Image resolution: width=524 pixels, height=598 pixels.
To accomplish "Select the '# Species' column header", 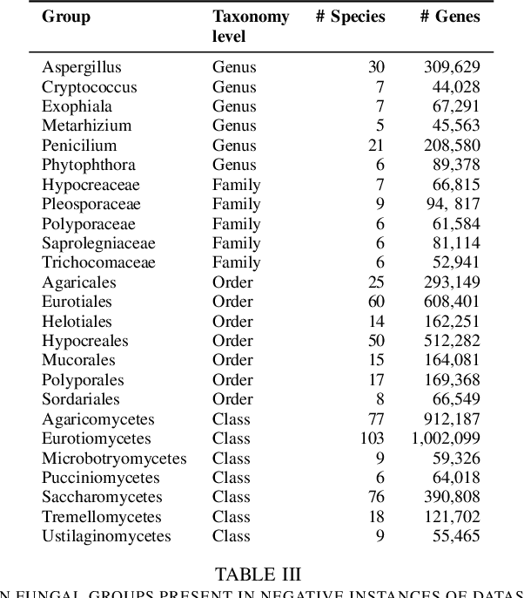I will pyautogui.click(x=350, y=17).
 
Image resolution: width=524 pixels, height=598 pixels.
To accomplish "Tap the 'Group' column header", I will pyautogui.click(x=66, y=17).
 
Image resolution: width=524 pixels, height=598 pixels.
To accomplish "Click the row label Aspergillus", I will pyautogui.click(x=82, y=67).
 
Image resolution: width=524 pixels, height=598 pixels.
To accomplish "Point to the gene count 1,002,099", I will pyautogui.click(x=445, y=438).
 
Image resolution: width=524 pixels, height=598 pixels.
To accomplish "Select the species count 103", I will pyautogui.click(x=372, y=438).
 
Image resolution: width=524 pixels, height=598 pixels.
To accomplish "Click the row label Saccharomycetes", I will pyautogui.click(x=102, y=497).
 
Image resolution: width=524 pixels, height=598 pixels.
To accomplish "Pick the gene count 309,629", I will pyautogui.click(x=451, y=67).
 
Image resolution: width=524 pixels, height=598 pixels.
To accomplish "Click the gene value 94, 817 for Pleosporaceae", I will pyautogui.click(x=453, y=204).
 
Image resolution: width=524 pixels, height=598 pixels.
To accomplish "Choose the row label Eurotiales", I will pyautogui.click(x=77, y=302).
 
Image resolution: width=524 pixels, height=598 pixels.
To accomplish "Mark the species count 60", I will pyautogui.click(x=375, y=302).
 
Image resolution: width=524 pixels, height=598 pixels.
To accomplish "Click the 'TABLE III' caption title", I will pyautogui.click(x=258, y=574).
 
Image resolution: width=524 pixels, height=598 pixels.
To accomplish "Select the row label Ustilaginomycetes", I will pyautogui.click(x=106, y=536).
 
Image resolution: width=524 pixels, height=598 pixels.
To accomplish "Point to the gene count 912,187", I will pyautogui.click(x=451, y=419).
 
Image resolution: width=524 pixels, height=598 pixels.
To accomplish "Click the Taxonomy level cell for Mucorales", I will pyautogui.click(x=232, y=360).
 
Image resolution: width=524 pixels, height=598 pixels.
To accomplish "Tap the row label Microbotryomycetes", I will pyautogui.click(x=114, y=458).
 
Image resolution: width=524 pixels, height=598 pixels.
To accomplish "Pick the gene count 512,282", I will pyautogui.click(x=451, y=341).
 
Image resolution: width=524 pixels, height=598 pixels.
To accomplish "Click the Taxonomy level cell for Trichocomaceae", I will pyautogui.click(x=236, y=262).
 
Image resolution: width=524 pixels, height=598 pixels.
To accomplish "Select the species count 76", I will pyautogui.click(x=375, y=497).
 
